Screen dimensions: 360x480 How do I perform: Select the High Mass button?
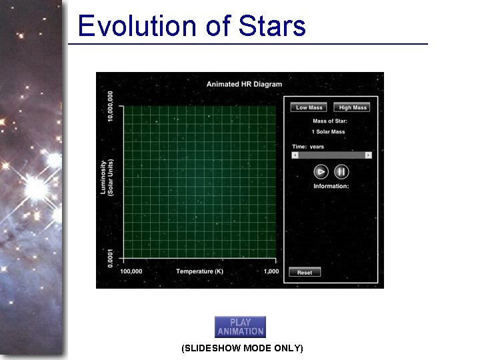tap(353, 107)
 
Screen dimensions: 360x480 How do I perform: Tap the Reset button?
tap(305, 272)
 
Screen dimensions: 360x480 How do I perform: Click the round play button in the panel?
tap(321, 171)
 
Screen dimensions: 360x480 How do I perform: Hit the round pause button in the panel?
tap(341, 171)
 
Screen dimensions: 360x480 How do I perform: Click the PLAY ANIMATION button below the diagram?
tap(240, 327)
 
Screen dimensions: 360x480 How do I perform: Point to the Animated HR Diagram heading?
tap(244, 84)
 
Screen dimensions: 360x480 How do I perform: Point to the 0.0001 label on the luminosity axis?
tap(111, 254)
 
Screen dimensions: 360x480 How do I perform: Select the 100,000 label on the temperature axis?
tap(131, 271)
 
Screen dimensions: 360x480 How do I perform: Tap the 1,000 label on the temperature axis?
tap(271, 271)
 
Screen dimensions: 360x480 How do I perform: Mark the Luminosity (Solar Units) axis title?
tap(107, 177)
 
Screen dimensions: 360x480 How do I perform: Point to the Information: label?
tap(331, 186)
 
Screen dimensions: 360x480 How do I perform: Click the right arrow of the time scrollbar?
tap(368, 155)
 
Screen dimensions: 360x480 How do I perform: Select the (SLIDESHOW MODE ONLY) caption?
tap(242, 348)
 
